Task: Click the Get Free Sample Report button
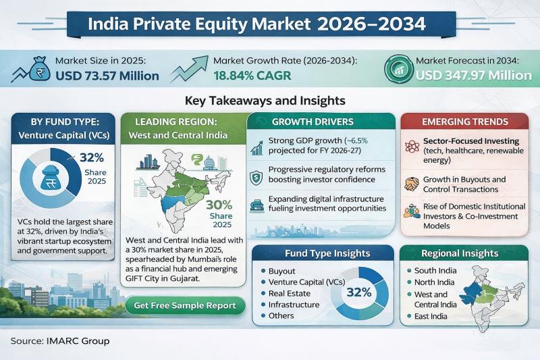184,305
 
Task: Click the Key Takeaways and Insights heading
270,101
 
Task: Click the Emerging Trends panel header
465,122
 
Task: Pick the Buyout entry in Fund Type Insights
282,271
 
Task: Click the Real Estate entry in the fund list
290,293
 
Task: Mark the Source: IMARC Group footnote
60,341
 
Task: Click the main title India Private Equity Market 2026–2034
270,24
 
